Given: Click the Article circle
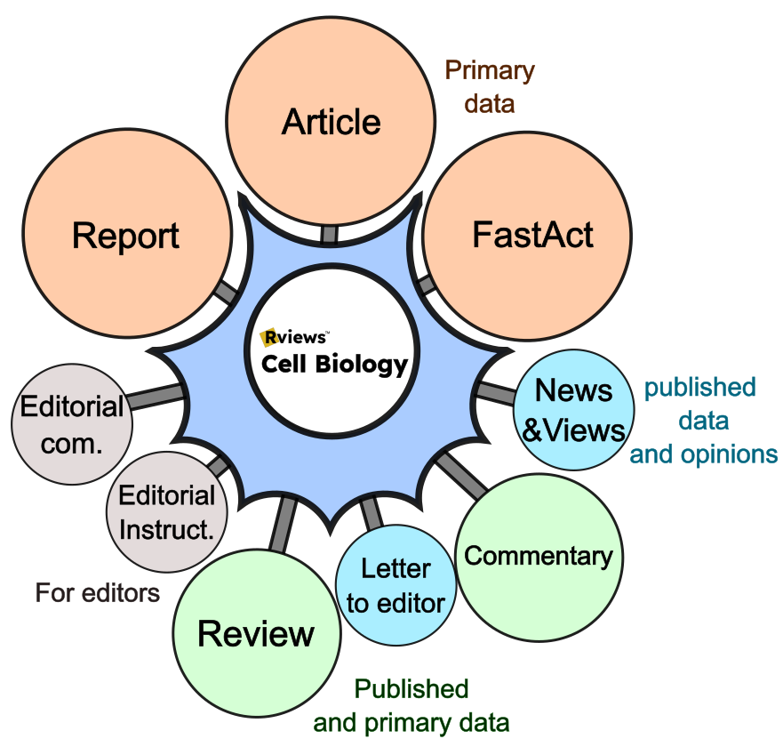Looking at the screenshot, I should [331, 123].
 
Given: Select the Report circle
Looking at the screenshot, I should [126, 236].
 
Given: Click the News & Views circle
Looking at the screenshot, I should [574, 410].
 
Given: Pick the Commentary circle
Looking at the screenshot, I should [539, 557].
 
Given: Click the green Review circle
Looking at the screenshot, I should [256, 634].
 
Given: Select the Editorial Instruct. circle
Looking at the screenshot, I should [166, 510].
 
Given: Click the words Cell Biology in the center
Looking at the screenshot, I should [334, 364].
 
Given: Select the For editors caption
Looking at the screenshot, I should [98, 592].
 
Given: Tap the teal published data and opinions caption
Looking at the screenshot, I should [702, 421].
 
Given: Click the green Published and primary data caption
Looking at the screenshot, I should [411, 704].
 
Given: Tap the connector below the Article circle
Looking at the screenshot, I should [329, 234].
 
